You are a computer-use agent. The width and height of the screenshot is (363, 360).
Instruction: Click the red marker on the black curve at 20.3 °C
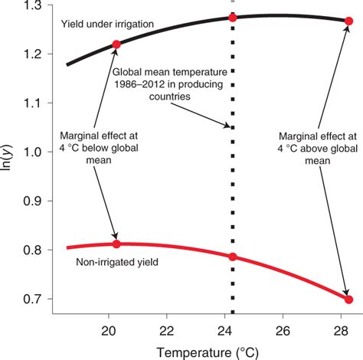pyautogui.click(x=116, y=44)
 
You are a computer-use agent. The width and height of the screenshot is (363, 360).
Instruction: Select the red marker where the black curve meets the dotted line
pyautogui.click(x=233, y=17)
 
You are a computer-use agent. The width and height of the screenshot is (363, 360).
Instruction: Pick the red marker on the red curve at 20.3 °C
pyautogui.click(x=116, y=244)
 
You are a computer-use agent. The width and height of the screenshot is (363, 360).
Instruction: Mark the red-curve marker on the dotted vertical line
pyautogui.click(x=233, y=257)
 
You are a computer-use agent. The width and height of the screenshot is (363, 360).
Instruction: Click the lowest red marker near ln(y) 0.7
pyautogui.click(x=349, y=299)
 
